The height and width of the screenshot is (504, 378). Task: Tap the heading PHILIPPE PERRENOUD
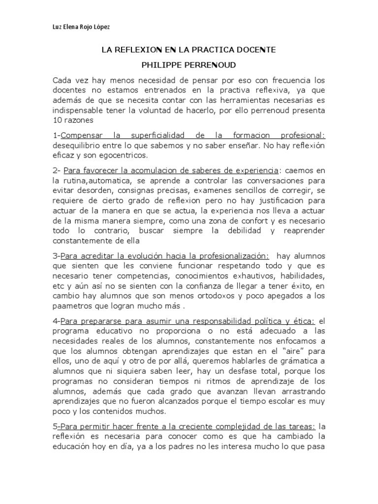[x=189, y=65]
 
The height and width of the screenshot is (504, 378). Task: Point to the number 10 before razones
[x=57, y=120]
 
